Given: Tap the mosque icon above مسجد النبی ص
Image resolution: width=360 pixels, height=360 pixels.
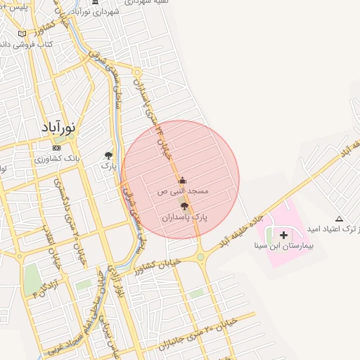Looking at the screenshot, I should click(183, 179).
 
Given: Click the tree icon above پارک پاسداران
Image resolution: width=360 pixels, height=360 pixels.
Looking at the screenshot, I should click(184, 206).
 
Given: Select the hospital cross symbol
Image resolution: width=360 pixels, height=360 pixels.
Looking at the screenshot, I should click(284, 234).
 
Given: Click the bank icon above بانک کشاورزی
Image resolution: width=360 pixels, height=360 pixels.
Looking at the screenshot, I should click(56, 148).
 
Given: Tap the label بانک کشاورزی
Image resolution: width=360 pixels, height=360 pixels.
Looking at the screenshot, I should click(58, 160).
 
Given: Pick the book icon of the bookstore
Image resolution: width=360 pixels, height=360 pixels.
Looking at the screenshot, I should click(22, 34).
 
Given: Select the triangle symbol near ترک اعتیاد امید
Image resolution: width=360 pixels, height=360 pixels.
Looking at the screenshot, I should click(340, 219).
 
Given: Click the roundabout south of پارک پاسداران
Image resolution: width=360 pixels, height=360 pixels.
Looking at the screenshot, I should click(200, 257).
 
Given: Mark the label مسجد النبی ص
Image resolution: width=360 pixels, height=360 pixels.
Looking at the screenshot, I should click(183, 191).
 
